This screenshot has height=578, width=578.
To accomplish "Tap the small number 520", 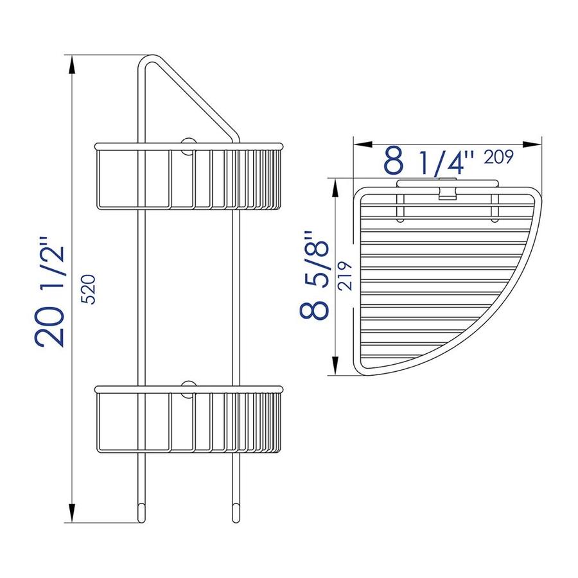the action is [x=88, y=289].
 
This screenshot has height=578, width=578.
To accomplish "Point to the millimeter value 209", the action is [x=499, y=157].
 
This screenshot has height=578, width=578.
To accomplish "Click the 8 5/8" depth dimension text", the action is [x=313, y=275].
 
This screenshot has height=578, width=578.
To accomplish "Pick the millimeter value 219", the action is [x=346, y=276].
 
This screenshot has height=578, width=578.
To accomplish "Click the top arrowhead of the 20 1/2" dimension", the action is [x=72, y=65].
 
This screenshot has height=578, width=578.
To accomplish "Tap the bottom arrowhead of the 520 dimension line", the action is [x=72, y=512].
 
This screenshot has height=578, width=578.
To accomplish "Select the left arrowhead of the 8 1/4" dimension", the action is [x=363, y=144].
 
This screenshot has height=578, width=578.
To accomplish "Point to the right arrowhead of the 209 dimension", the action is [x=532, y=144].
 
